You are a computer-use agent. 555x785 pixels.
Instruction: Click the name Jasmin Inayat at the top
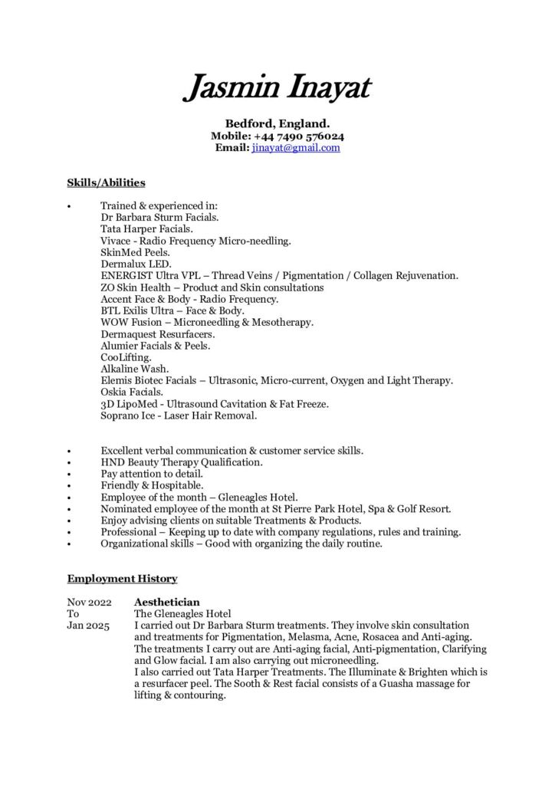click(x=277, y=88)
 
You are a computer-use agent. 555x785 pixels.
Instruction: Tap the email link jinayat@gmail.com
click(x=295, y=148)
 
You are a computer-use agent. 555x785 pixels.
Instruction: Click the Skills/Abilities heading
click(x=106, y=182)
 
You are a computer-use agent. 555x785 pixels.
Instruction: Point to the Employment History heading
click(x=122, y=578)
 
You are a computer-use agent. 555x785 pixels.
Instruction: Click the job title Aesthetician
click(x=166, y=603)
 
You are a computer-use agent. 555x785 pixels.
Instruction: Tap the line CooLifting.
click(x=126, y=357)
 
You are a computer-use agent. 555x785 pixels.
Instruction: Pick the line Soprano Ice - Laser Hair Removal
click(x=179, y=416)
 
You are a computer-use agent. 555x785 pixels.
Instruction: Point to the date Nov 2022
click(x=89, y=603)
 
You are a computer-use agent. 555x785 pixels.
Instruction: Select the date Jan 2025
click(x=87, y=626)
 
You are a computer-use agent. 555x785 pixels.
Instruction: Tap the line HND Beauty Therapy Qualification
click(x=181, y=462)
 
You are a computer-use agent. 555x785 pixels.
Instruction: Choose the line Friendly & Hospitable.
click(x=152, y=485)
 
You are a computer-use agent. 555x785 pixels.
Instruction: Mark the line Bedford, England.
click(x=277, y=123)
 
